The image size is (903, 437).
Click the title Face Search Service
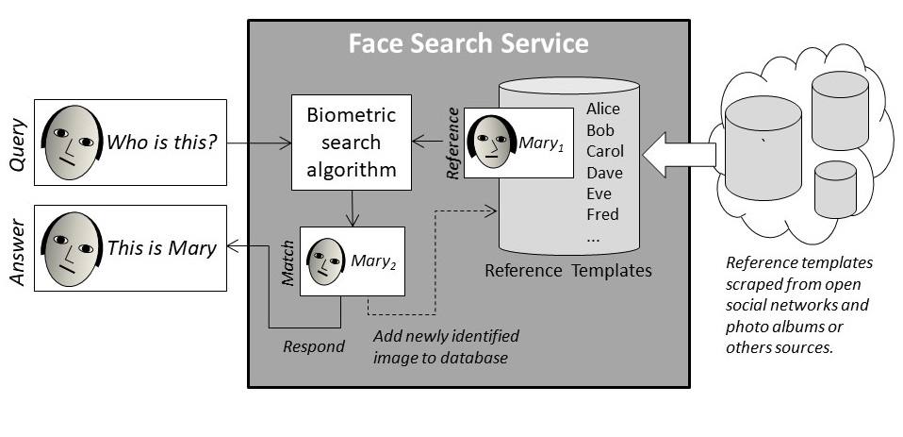(x=468, y=43)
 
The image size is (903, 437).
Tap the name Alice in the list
(x=603, y=109)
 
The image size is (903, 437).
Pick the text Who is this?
(x=163, y=143)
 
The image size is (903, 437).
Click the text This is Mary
(x=162, y=249)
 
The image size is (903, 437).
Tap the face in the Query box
(x=73, y=143)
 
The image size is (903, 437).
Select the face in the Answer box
(x=73, y=249)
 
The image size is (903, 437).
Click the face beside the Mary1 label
(x=491, y=143)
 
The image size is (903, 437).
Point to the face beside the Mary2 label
(x=326, y=261)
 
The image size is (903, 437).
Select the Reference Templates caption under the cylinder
(x=567, y=271)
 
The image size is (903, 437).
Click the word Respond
(x=314, y=346)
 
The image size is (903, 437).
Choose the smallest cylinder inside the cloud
(x=835, y=189)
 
